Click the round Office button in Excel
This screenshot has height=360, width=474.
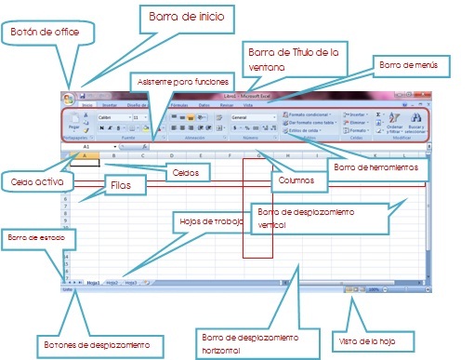point(68,97)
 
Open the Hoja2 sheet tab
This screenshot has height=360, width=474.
point(112,280)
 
